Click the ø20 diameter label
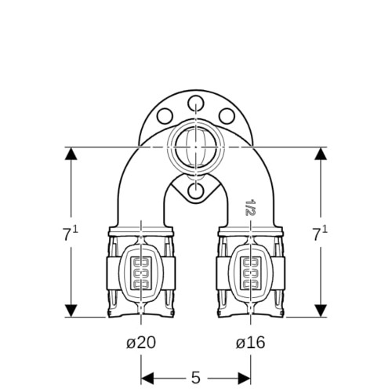click(141, 343)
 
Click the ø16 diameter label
click(250, 343)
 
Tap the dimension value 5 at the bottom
click(196, 377)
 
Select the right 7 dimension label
click(321, 234)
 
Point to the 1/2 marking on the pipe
click(249, 208)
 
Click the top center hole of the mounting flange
click(196, 103)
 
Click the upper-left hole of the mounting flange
click(165, 116)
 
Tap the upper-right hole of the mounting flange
click(227, 116)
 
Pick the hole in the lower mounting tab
click(196, 190)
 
